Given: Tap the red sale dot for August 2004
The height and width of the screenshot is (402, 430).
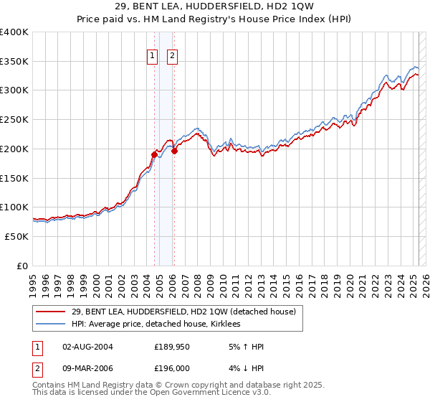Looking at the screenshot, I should click(x=154, y=154).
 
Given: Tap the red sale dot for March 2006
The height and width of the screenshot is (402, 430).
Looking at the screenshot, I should click(x=174, y=151).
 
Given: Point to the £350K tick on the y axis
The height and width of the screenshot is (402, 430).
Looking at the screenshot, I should click(x=14, y=61).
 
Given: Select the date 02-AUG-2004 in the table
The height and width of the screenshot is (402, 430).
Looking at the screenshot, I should click(x=88, y=347).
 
